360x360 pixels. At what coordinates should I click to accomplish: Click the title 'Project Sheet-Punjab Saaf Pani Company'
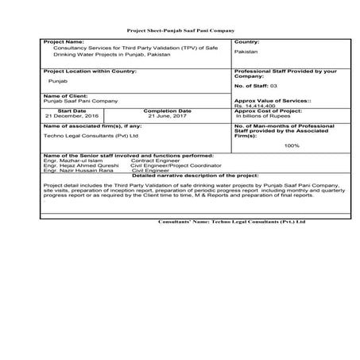[x=180, y=29]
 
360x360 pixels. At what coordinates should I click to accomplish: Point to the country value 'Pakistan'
[x=246, y=51]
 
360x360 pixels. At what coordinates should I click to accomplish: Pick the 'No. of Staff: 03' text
[x=257, y=83]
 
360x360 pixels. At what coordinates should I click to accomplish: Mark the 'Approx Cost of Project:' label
[x=270, y=111]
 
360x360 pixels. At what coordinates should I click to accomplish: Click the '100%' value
[x=292, y=145]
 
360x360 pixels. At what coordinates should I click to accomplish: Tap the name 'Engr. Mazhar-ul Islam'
[x=70, y=160]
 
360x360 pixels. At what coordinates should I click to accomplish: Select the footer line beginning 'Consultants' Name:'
[x=231, y=222]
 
